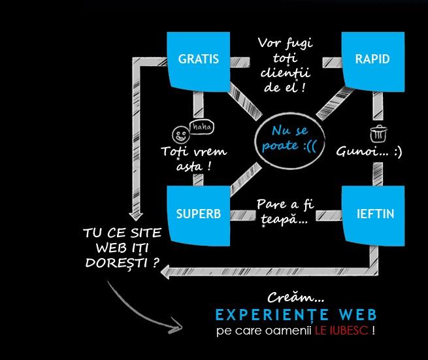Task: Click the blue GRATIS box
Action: pyautogui.click(x=198, y=60)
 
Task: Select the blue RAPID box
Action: pyautogui.click(x=372, y=59)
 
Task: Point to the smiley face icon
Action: pyautogui.click(x=179, y=135)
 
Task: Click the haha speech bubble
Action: pyautogui.click(x=201, y=126)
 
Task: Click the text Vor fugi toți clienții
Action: pyautogui.click(x=285, y=65)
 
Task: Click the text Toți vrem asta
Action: pyautogui.click(x=193, y=159)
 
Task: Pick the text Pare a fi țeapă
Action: pyautogui.click(x=286, y=212)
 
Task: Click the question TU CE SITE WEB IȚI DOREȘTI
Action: pyautogui.click(x=122, y=248)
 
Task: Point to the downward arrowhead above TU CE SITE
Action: pyautogui.click(x=137, y=215)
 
